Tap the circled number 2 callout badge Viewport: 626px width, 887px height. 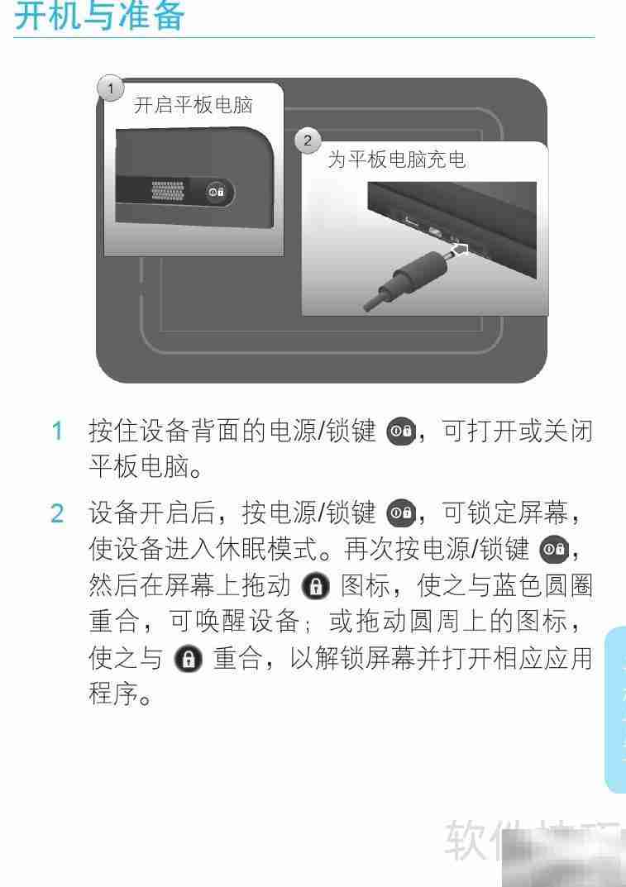point(308,141)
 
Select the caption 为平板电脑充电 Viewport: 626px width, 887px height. point(397,160)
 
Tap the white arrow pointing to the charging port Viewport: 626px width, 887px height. point(461,249)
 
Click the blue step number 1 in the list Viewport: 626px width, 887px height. point(57,432)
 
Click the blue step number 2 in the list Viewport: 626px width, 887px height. point(57,515)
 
